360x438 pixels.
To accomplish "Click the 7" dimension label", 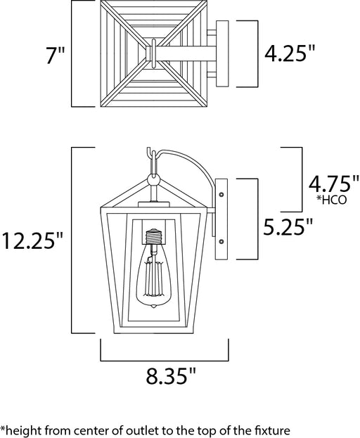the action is (x=55, y=55).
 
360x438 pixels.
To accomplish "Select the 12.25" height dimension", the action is (x=32, y=240).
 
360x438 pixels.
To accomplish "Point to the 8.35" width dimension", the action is (x=171, y=375).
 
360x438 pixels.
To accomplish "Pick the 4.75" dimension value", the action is (x=333, y=183).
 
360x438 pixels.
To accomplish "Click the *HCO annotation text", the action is (x=332, y=200).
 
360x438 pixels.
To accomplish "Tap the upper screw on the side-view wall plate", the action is (x=221, y=195).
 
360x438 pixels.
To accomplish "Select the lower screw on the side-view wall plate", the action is (x=221, y=241).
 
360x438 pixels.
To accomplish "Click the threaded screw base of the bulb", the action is (x=153, y=236).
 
